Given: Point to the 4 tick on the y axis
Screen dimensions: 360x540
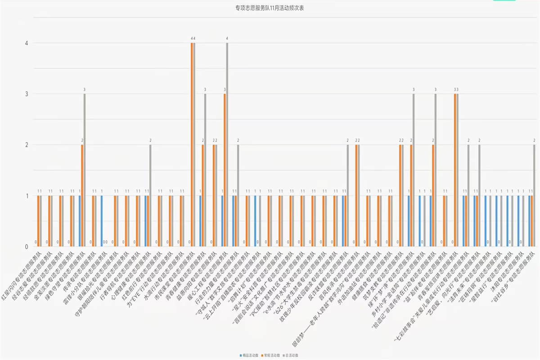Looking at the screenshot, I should point(27,43).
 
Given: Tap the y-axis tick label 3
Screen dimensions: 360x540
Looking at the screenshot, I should point(27,94).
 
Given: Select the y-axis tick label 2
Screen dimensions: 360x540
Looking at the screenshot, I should point(27,145).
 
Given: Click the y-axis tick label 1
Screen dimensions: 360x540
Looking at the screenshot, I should point(27,196).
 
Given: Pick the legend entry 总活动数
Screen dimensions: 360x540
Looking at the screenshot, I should point(293,355).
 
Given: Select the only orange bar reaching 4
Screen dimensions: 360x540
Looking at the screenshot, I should point(192,144).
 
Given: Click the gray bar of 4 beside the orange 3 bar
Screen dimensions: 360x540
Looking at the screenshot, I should point(227,144).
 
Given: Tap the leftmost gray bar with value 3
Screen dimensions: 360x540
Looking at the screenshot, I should point(85,170).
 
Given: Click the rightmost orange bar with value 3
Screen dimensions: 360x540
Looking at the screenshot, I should point(455,170).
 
